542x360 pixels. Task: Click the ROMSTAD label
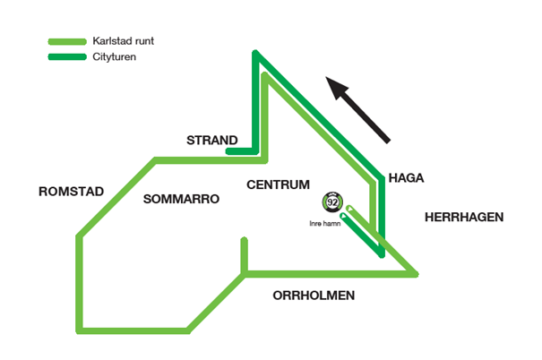(71, 192)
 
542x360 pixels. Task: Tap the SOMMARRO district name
(181, 200)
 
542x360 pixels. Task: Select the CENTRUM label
(278, 184)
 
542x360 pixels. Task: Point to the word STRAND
(211, 141)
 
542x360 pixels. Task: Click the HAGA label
(406, 178)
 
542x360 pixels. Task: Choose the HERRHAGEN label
(464, 218)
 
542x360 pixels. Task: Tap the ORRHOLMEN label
(314, 296)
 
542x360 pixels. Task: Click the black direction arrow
(357, 109)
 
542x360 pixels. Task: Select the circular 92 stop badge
(332, 201)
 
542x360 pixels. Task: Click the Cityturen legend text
(114, 56)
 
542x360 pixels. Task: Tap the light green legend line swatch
(68, 42)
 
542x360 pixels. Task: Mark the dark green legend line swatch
(68, 57)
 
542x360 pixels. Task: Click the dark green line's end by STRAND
(230, 151)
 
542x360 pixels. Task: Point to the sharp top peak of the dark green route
(255, 56)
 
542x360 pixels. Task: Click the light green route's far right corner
(416, 273)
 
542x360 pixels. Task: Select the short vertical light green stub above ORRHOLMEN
(244, 254)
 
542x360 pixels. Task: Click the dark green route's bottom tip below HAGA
(382, 254)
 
